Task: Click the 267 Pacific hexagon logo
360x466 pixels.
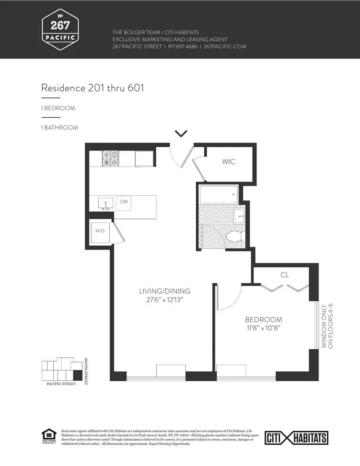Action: click(60, 29)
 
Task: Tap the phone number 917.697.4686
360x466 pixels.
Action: click(181, 47)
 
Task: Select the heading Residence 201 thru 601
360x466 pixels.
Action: click(92, 88)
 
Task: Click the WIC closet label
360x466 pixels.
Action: click(228, 162)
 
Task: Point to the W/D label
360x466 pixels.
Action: click(100, 231)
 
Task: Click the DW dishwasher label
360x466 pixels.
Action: click(124, 202)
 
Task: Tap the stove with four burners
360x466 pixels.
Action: click(111, 159)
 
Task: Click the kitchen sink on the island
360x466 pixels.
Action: click(105, 203)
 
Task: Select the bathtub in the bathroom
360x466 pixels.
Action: click(218, 194)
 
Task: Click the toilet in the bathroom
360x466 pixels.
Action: click(233, 236)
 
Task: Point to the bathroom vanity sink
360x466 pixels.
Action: click(239, 217)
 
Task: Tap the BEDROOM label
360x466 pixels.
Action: click(263, 319)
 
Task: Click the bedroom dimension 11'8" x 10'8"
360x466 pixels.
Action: click(263, 328)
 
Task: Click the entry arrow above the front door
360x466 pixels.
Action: click(181, 134)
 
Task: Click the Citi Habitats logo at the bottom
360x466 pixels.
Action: click(296, 438)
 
